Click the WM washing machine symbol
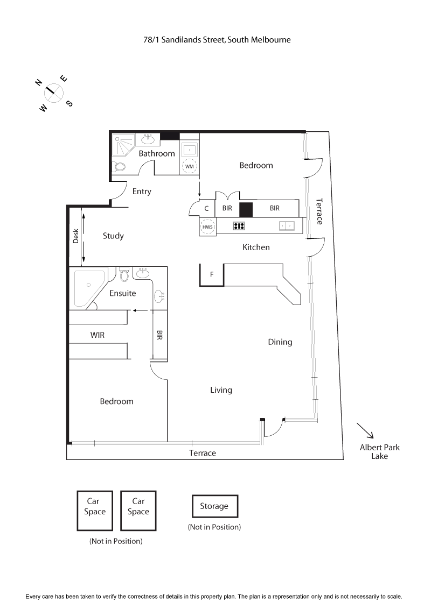pyautogui.click(x=189, y=166)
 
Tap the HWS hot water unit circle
pyautogui.click(x=207, y=227)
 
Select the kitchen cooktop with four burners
pyautogui.click(x=239, y=226)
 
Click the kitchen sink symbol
pyautogui.click(x=286, y=226)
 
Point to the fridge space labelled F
pyautogui.click(x=212, y=274)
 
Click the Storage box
pyautogui.click(x=214, y=506)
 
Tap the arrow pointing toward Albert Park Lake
pyautogui.click(x=364, y=431)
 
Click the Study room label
pyautogui.click(x=113, y=236)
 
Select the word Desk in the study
pyautogui.click(x=76, y=236)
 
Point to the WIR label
pyautogui.click(x=98, y=335)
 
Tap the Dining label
pyautogui.click(x=280, y=342)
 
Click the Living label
pyautogui.click(x=221, y=390)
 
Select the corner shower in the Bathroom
pyautogui.click(x=123, y=145)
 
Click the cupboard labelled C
pyautogui.click(x=206, y=208)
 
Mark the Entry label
pyautogui.click(x=142, y=191)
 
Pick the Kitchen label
pyautogui.click(x=256, y=247)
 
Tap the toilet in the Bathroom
pyautogui.click(x=119, y=166)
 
